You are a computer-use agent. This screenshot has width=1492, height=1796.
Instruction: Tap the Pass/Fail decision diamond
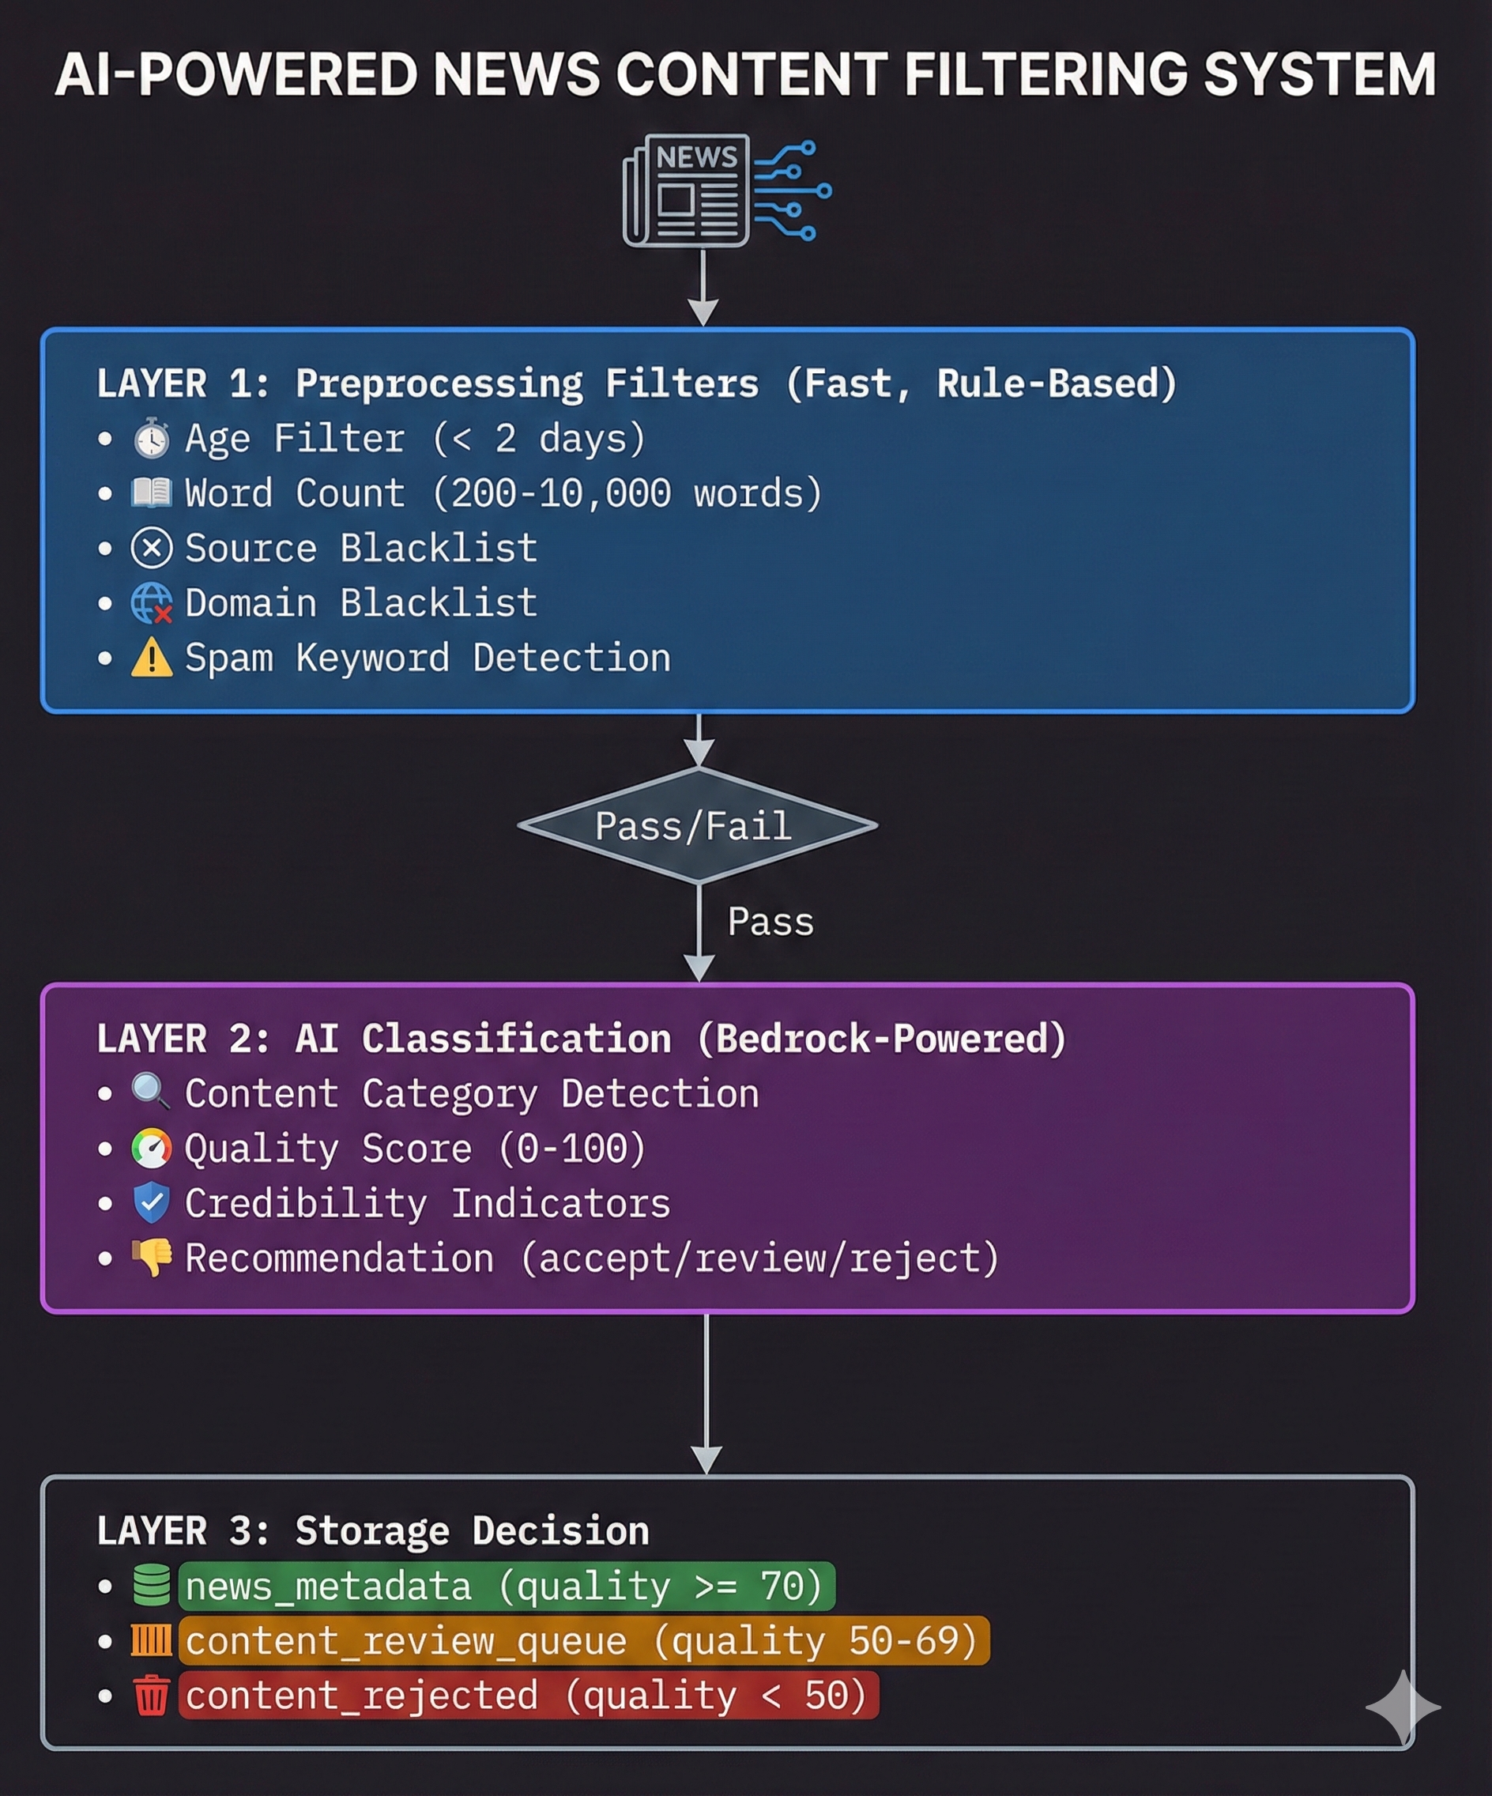click(697, 825)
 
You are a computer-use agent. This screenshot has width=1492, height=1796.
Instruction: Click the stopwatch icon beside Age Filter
click(152, 439)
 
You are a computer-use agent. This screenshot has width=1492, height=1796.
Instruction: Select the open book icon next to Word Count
click(152, 492)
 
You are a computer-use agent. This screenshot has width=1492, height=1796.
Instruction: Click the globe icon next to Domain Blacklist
click(152, 603)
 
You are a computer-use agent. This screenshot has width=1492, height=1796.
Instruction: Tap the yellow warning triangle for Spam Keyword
click(152, 658)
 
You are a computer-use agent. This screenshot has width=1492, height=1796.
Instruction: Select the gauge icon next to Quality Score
click(152, 1148)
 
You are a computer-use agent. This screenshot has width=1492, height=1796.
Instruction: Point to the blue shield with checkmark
click(152, 1202)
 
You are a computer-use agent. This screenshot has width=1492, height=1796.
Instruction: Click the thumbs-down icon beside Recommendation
click(153, 1257)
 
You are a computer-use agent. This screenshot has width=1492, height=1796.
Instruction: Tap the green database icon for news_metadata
click(152, 1585)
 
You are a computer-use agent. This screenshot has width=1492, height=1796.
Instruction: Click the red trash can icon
click(152, 1695)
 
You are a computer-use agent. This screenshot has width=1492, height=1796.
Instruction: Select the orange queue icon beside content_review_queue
click(152, 1640)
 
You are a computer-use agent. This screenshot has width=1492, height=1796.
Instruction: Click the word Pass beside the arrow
click(770, 922)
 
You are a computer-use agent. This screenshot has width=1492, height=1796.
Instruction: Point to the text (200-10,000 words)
click(627, 493)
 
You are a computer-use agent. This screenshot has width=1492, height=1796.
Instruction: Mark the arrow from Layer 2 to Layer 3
click(706, 1394)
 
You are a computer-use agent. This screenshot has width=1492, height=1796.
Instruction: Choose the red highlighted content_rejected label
click(528, 1695)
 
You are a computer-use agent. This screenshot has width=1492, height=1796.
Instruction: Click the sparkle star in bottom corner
click(1402, 1707)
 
